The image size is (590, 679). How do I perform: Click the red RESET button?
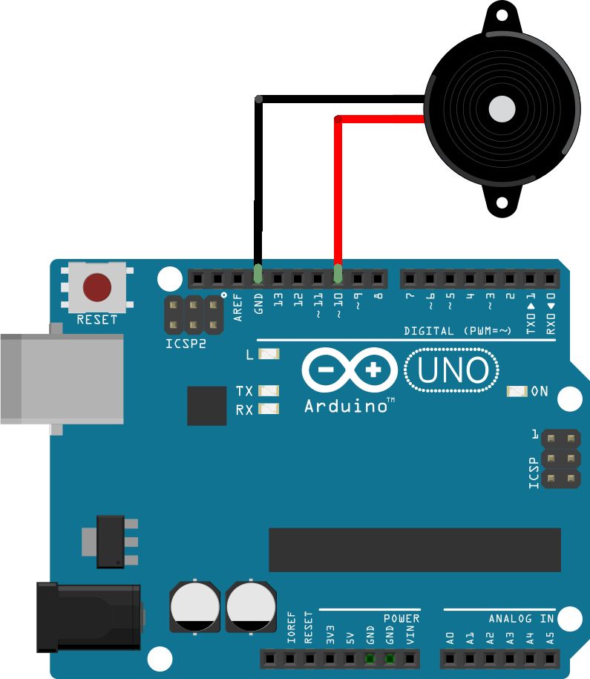coord(97,288)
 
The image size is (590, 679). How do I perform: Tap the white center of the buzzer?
coord(502,109)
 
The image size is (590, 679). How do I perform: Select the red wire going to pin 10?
coord(338,193)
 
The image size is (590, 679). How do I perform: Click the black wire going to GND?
coord(258,186)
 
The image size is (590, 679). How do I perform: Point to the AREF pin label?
coord(238,305)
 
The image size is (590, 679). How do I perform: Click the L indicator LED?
coord(269,355)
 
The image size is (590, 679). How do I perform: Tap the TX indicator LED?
coord(269,390)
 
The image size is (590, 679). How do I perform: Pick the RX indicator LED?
coord(269,409)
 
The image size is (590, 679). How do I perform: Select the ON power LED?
coord(517,391)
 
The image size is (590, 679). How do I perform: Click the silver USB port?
coord(59,378)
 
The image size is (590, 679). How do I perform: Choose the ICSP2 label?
coord(186,344)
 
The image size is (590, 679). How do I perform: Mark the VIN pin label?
coord(410,634)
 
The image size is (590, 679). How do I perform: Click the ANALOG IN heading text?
coord(521,618)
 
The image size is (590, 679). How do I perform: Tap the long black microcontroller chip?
coord(414,550)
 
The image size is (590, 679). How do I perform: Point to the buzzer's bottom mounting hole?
coord(502,201)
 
